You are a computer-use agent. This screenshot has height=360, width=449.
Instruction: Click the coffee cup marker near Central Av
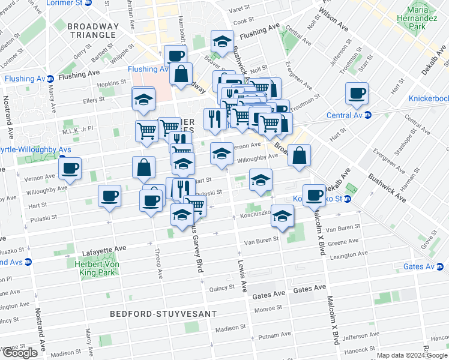pos(357,94)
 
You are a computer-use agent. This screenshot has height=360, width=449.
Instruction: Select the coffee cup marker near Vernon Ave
pos(70,169)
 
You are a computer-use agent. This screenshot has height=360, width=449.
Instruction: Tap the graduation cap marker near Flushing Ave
pos(222,42)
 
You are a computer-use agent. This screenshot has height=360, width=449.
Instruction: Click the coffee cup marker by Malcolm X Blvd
pos(313,194)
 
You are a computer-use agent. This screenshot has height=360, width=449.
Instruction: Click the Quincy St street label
pos(221,288)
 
